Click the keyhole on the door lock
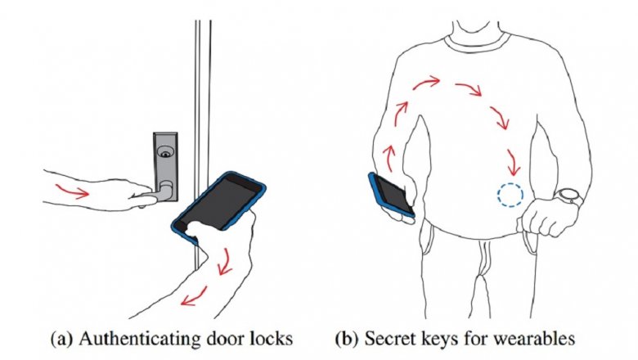point(165,154)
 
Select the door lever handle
point(151,194)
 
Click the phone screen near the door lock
point(220,201)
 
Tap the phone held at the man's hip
point(391,195)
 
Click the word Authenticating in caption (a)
point(137,339)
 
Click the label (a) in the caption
point(63,339)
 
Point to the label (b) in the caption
point(348,339)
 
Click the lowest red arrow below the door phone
point(194,296)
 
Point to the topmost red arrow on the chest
point(426,83)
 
